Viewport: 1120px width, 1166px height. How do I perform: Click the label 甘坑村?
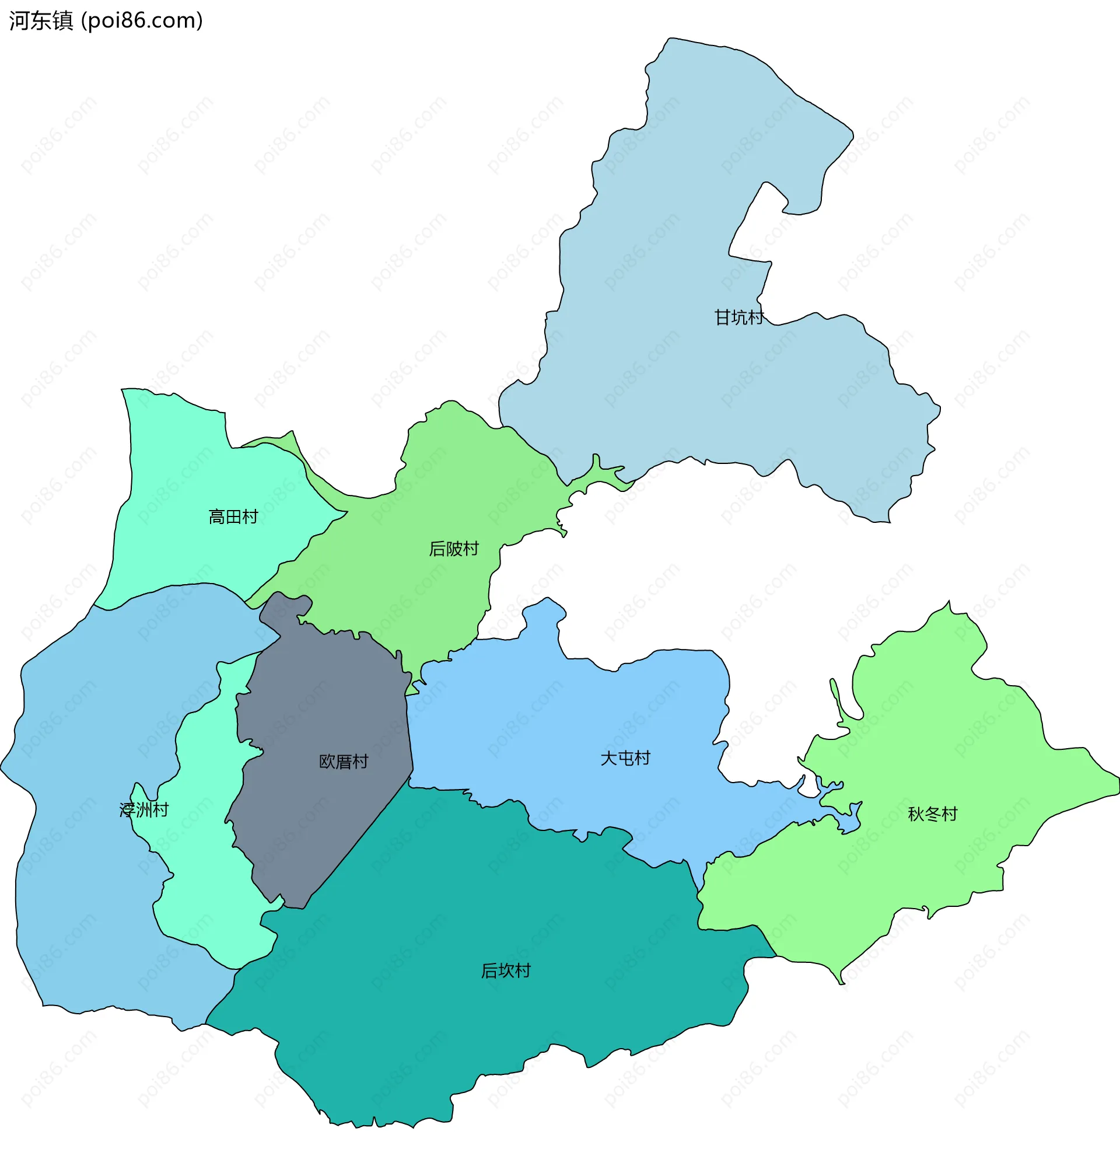pyautogui.click(x=738, y=317)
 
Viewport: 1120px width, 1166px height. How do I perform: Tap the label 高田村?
pyautogui.click(x=233, y=516)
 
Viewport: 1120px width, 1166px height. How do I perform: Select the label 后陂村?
pyautogui.click(x=454, y=549)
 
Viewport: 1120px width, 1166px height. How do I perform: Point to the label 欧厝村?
pyautogui.click(x=344, y=762)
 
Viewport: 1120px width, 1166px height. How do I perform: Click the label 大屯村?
pyautogui.click(x=625, y=758)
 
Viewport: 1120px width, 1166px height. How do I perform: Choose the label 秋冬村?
pyautogui.click(x=932, y=814)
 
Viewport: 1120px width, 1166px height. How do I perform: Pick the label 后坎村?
pyautogui.click(x=506, y=971)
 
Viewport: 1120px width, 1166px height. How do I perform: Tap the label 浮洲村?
pyautogui.click(x=144, y=809)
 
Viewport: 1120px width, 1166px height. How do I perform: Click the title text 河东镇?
pyautogui.click(x=41, y=21)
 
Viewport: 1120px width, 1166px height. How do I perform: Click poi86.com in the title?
pyautogui.click(x=142, y=21)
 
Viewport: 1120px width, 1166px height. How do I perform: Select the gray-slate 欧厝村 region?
pyautogui.click(x=321, y=821)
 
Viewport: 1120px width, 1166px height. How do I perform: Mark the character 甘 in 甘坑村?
pyautogui.click(x=722, y=317)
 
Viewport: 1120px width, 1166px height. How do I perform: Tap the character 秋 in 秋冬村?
pyautogui.click(x=916, y=814)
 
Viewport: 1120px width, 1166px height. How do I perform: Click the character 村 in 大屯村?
pyautogui.click(x=642, y=758)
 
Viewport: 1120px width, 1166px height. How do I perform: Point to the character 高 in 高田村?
pyautogui.click(x=216, y=516)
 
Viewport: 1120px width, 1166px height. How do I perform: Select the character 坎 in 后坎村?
pyautogui.click(x=506, y=971)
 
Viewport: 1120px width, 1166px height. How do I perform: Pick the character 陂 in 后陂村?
pyautogui.click(x=454, y=549)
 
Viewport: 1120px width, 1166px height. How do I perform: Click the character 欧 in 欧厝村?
pyautogui.click(x=327, y=762)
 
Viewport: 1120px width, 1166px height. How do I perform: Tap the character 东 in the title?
pyautogui.click(x=41, y=21)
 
